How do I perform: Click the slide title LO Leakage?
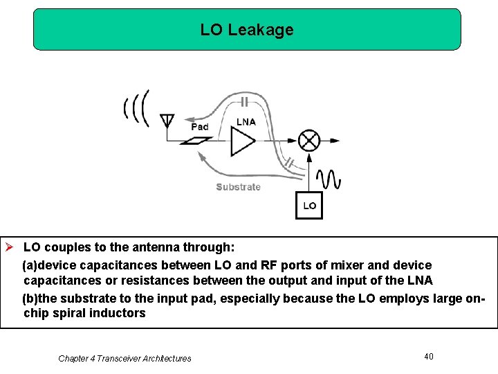[247, 30]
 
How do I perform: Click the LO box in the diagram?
[309, 205]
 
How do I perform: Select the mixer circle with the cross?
[308, 141]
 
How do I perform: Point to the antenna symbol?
[167, 122]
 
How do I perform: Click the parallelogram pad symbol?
[196, 141]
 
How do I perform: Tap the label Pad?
[200, 127]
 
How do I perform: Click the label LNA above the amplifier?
[246, 122]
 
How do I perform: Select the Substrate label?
[238, 187]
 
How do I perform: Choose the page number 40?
[429, 356]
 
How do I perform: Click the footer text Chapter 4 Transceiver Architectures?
[124, 358]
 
